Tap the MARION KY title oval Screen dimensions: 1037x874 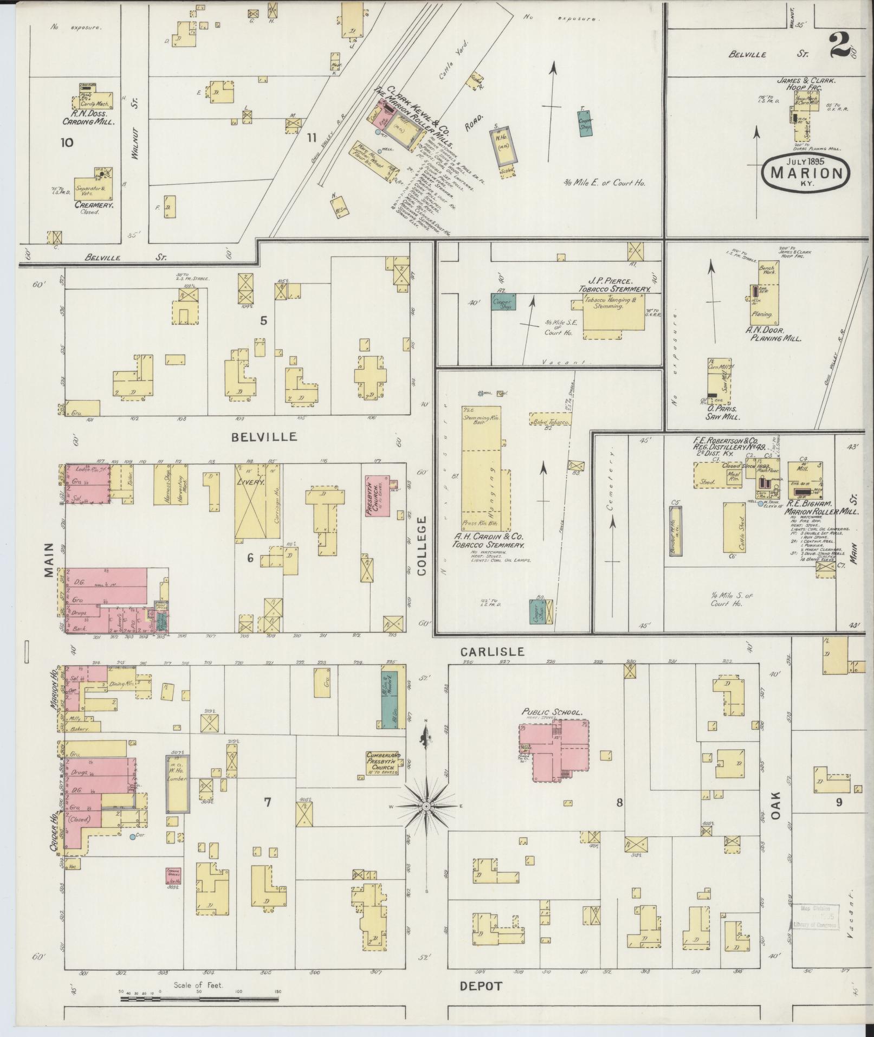click(805, 173)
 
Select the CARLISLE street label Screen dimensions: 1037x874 click(493, 652)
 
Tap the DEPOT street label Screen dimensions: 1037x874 click(481, 986)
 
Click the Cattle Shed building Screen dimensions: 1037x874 click(734, 527)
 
